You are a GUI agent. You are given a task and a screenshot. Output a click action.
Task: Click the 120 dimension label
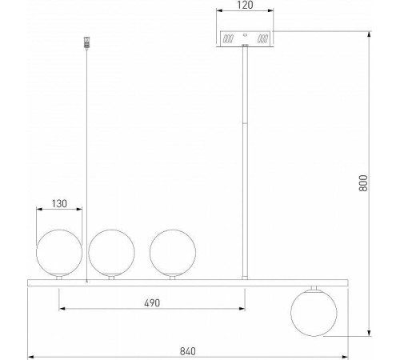pyautogui.click(x=245, y=5)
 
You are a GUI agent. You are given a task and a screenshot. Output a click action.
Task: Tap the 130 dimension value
pyautogui.click(x=59, y=204)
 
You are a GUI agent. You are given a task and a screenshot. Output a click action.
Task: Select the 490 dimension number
pyautogui.click(x=152, y=303)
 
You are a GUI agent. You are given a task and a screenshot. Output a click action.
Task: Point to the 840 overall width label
pyautogui.click(x=188, y=351)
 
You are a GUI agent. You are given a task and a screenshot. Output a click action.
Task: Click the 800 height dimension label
pyautogui.click(x=363, y=183)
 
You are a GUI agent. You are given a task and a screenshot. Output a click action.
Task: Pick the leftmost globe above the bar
pyautogui.click(x=59, y=253)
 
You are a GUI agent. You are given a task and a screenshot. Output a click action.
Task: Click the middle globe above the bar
pyautogui.click(x=111, y=253)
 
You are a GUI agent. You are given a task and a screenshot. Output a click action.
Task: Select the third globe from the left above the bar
pyautogui.click(x=173, y=253)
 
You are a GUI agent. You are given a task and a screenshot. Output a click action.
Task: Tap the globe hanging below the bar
pyautogui.click(x=314, y=313)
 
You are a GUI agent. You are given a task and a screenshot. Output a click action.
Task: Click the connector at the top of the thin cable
pyautogui.click(x=86, y=42)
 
